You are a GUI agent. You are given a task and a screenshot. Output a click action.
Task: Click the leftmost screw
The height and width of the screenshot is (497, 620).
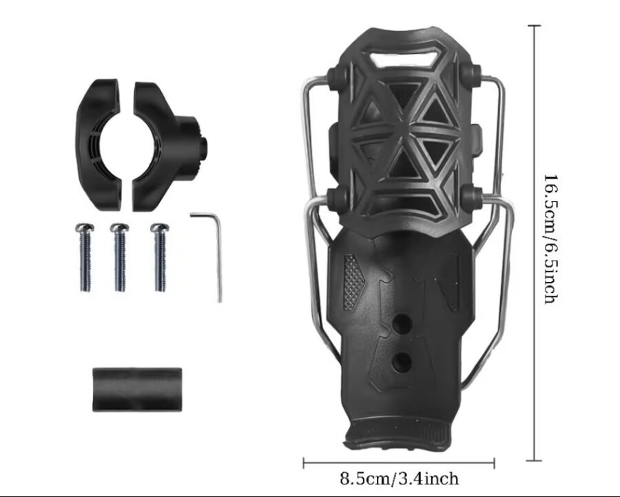(85, 257)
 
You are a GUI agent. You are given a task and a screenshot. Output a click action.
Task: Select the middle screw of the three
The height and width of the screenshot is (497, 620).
(120, 257)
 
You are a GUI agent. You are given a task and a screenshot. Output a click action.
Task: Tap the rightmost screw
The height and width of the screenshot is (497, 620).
(160, 257)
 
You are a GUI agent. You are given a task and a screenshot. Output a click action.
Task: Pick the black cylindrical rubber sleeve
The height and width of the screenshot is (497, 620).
(137, 389)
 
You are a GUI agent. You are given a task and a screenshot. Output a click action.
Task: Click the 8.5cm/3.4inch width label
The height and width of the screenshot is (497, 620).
(400, 478)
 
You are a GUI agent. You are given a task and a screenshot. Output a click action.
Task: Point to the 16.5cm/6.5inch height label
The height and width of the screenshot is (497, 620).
(551, 239)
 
